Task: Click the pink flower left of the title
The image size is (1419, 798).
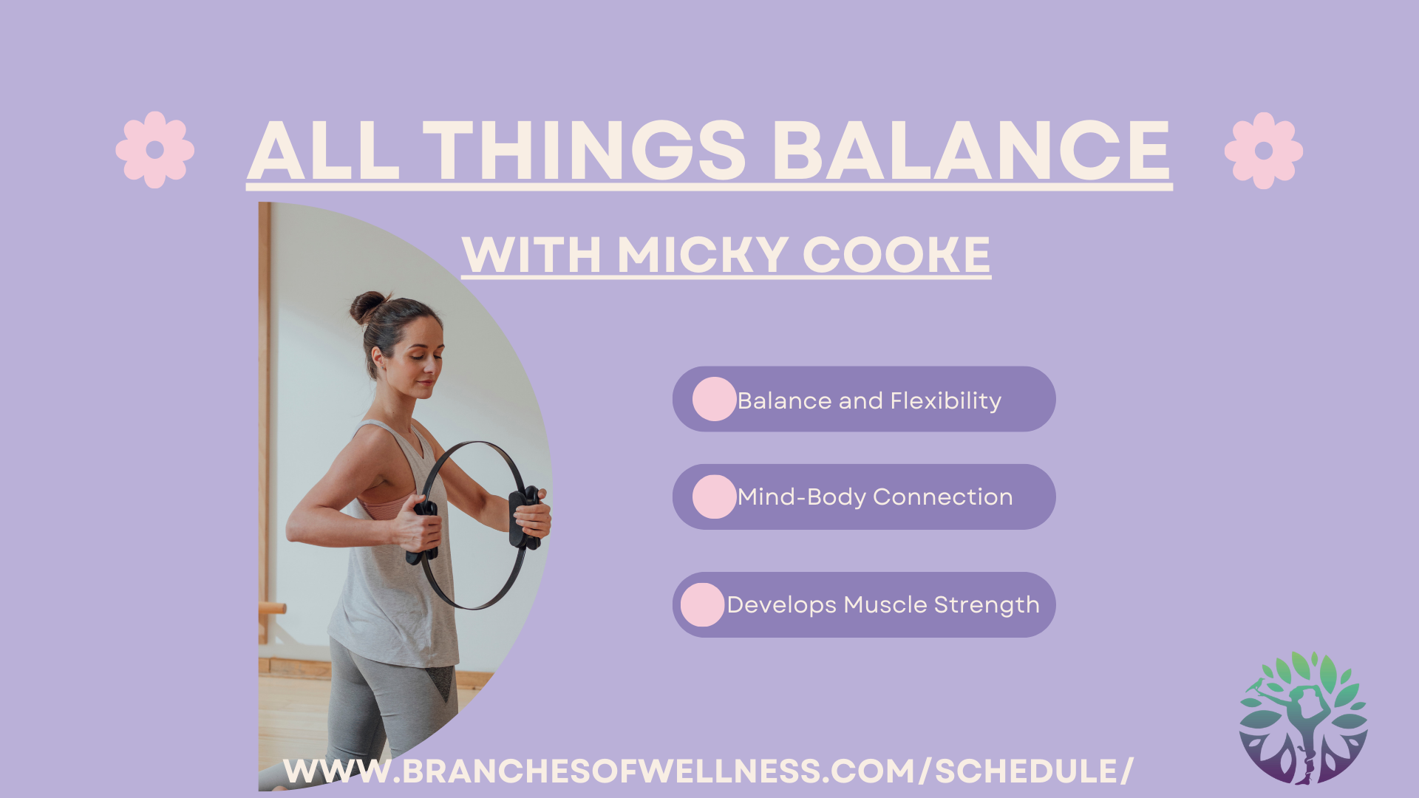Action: point(155,150)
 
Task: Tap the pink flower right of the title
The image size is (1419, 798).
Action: point(1264,151)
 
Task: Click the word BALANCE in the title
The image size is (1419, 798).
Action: point(971,151)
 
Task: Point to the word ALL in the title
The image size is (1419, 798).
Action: point(324,151)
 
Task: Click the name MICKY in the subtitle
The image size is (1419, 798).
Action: point(702,255)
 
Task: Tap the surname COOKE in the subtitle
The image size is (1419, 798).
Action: point(896,255)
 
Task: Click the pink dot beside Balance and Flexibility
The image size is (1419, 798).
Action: point(715,399)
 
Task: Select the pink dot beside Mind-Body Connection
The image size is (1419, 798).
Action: point(715,497)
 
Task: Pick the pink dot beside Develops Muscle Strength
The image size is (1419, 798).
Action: point(702,605)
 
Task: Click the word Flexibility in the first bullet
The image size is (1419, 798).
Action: point(946,401)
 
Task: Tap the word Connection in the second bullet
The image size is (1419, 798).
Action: point(942,497)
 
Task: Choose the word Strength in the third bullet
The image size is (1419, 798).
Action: point(987,605)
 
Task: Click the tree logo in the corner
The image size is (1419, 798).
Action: point(1304,717)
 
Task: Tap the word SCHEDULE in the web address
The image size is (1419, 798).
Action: point(1026,771)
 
